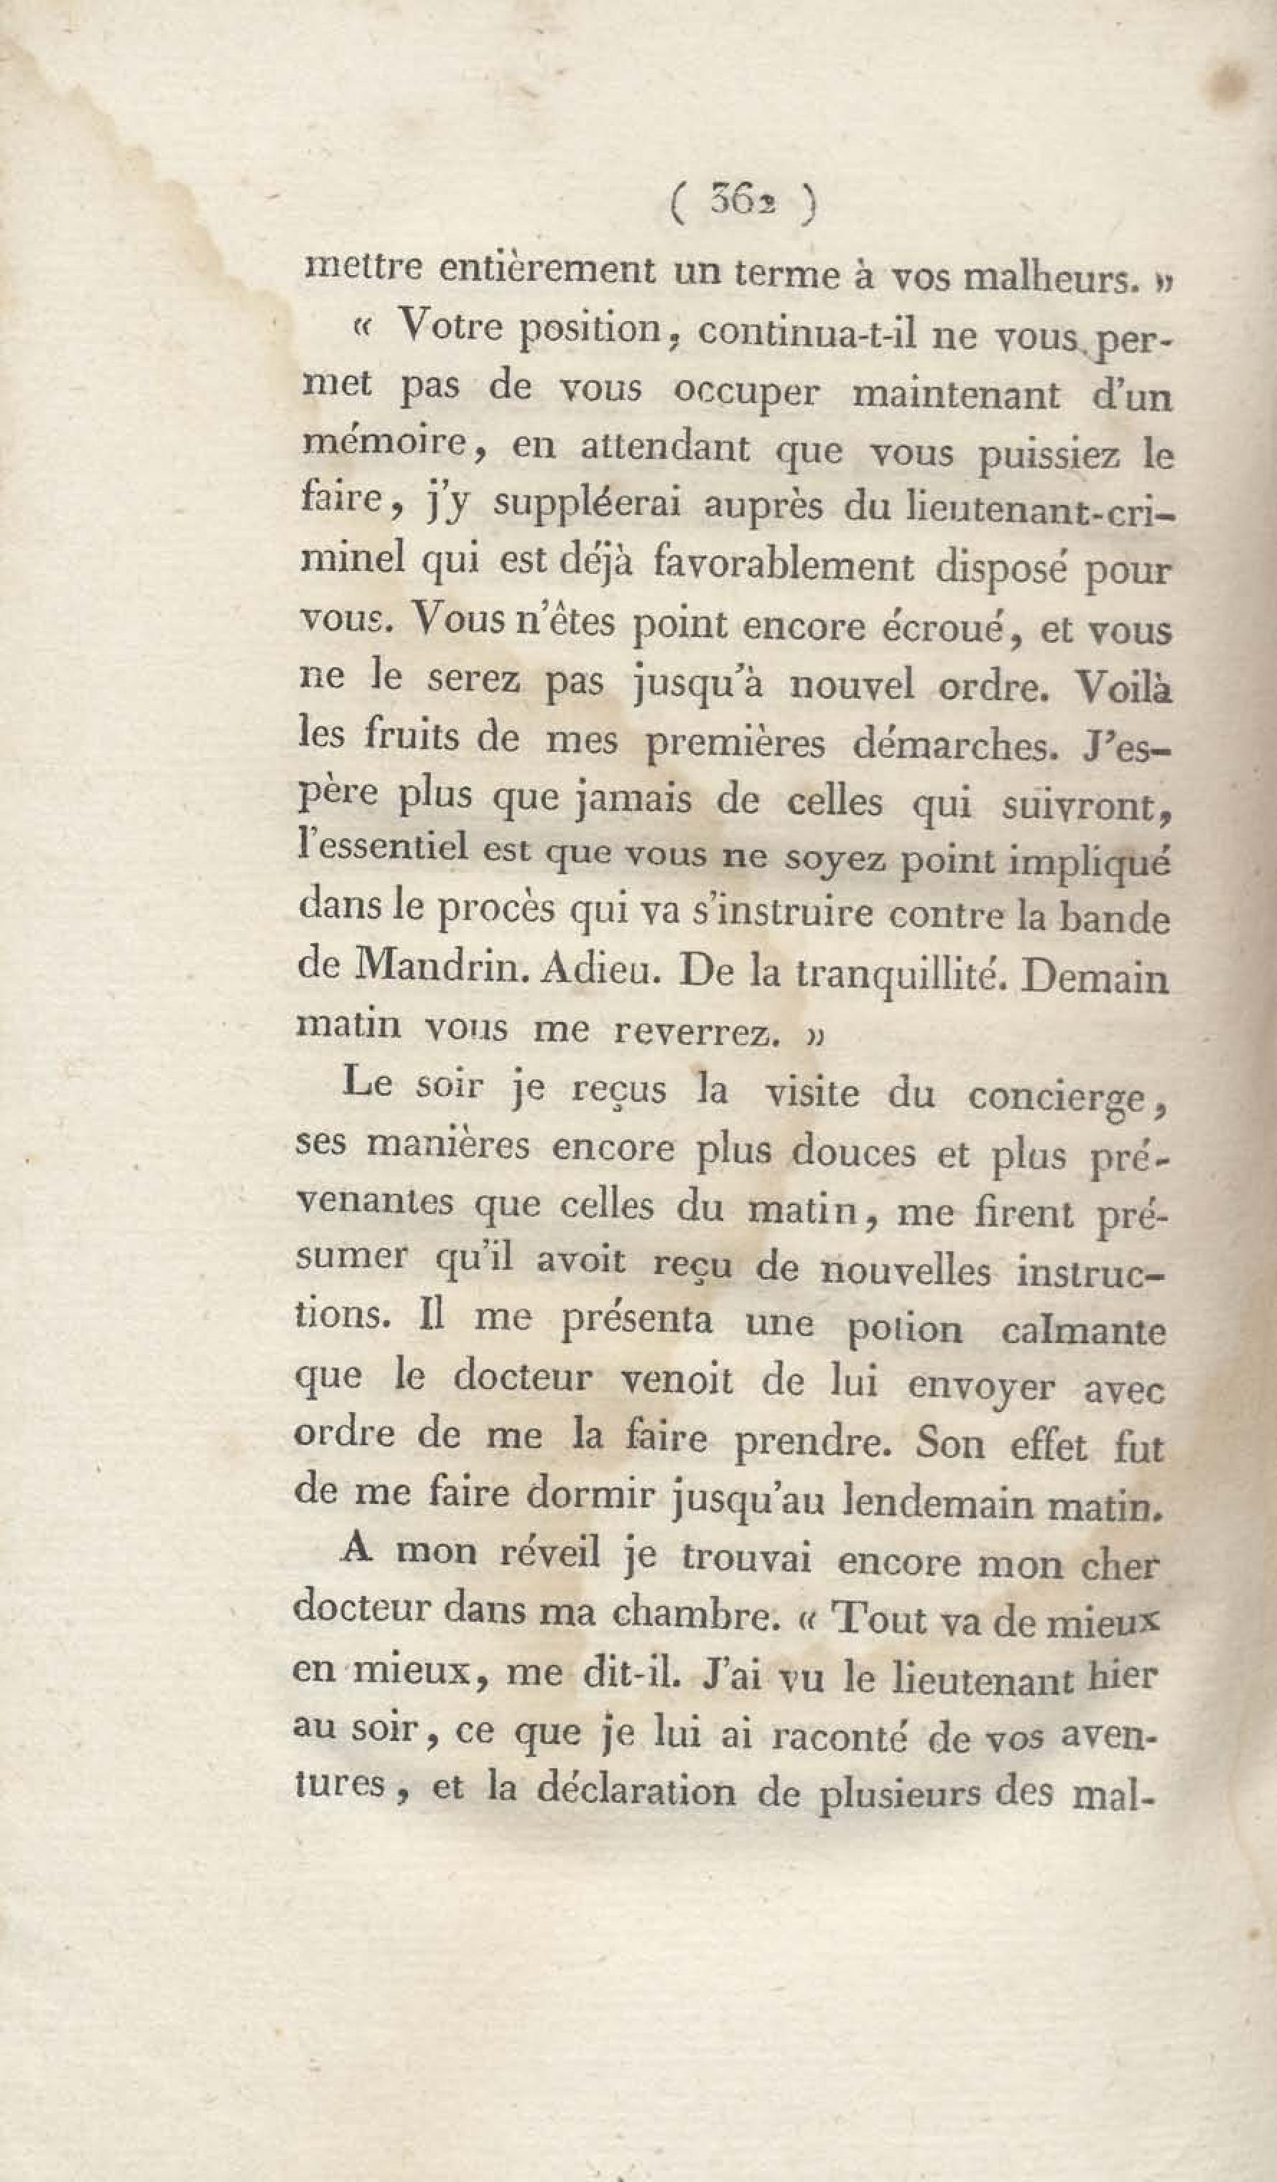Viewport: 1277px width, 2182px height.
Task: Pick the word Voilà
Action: [1122, 684]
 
